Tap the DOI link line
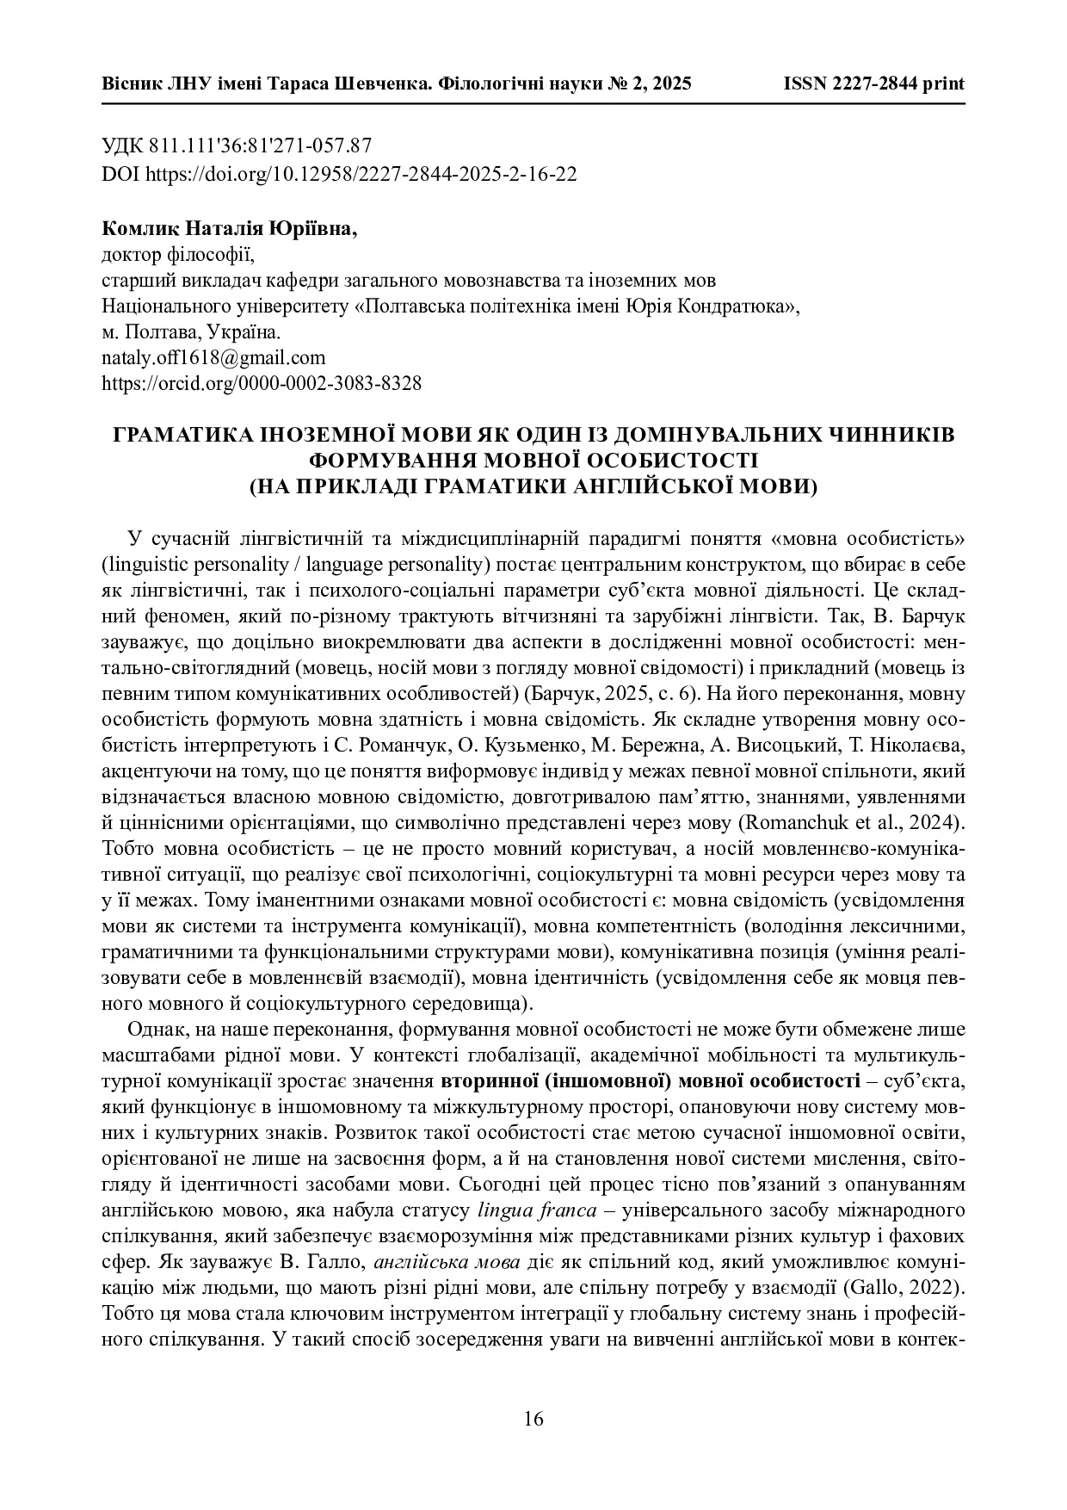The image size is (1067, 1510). coord(339,174)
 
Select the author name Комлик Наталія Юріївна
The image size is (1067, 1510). coord(229,230)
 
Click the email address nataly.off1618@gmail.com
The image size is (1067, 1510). coord(213,357)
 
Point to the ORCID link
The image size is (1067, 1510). coord(262,383)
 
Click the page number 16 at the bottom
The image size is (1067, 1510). coord(533,1419)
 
